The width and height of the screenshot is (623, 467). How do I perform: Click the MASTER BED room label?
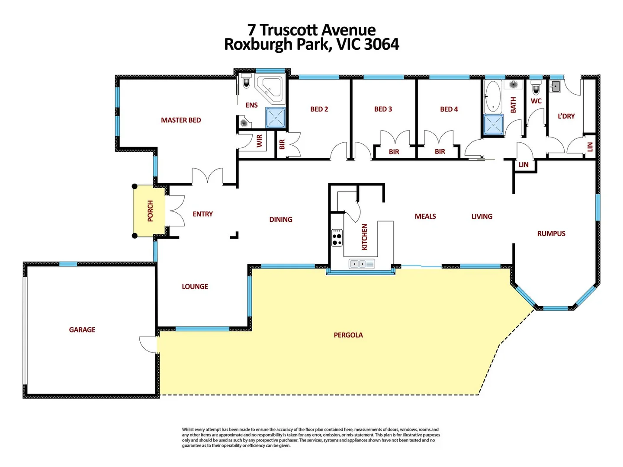coord(181,120)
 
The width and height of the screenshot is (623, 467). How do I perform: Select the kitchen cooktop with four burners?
coord(337,238)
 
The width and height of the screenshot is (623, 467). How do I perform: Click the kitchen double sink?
coord(362,264)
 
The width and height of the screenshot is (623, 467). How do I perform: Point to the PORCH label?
coord(150,211)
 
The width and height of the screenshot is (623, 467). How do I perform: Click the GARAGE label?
coord(82,330)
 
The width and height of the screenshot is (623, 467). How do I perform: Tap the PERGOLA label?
coord(348,335)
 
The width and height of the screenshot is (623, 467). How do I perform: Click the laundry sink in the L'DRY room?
coord(555,86)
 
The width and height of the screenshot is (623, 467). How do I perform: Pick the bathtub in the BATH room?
coord(492,96)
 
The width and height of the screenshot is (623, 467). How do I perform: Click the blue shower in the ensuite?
coord(275,118)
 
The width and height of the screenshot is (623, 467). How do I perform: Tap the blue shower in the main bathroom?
coord(493,125)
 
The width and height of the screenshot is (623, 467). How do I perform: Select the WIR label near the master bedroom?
coord(260,141)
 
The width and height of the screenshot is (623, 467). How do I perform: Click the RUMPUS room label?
coord(551,233)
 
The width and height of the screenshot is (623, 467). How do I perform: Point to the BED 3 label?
coord(383,109)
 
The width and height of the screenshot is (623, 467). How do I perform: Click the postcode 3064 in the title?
coord(382,45)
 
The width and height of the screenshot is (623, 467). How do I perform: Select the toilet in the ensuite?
coord(247,81)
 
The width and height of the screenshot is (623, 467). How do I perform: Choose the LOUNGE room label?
coord(195,287)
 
